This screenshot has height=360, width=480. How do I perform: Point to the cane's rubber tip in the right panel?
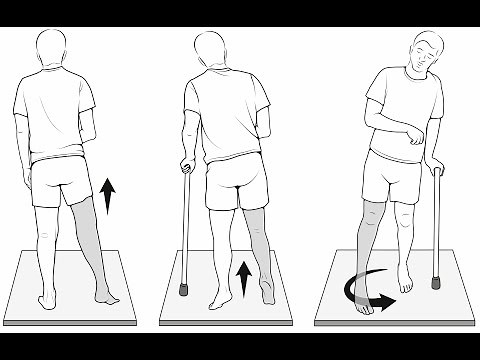pyautogui.click(x=435, y=283)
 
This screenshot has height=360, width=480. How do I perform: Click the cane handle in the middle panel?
pyautogui.click(x=185, y=167)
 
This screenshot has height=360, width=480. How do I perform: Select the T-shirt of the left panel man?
pyautogui.click(x=55, y=116)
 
